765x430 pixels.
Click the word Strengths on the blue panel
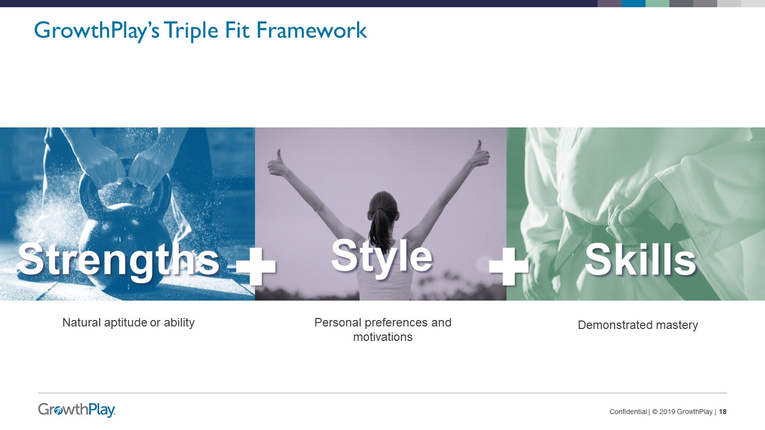click(x=119, y=259)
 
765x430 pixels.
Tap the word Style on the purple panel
click(x=382, y=256)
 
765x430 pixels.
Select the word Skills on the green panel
click(x=640, y=259)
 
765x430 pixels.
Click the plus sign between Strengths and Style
click(x=256, y=266)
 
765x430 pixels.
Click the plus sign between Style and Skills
click(x=509, y=266)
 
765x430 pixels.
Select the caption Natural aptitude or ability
click(x=128, y=322)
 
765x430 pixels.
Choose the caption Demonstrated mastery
click(x=637, y=325)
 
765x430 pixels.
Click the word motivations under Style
click(x=382, y=337)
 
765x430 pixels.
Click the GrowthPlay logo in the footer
click(x=77, y=410)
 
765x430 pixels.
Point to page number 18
click(x=723, y=412)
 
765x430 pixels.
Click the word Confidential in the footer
click(x=628, y=412)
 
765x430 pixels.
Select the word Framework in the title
click(x=311, y=30)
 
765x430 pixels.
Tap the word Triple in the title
click(x=191, y=31)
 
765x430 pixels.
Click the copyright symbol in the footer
click(x=655, y=412)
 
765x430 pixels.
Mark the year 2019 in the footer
click(x=667, y=412)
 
